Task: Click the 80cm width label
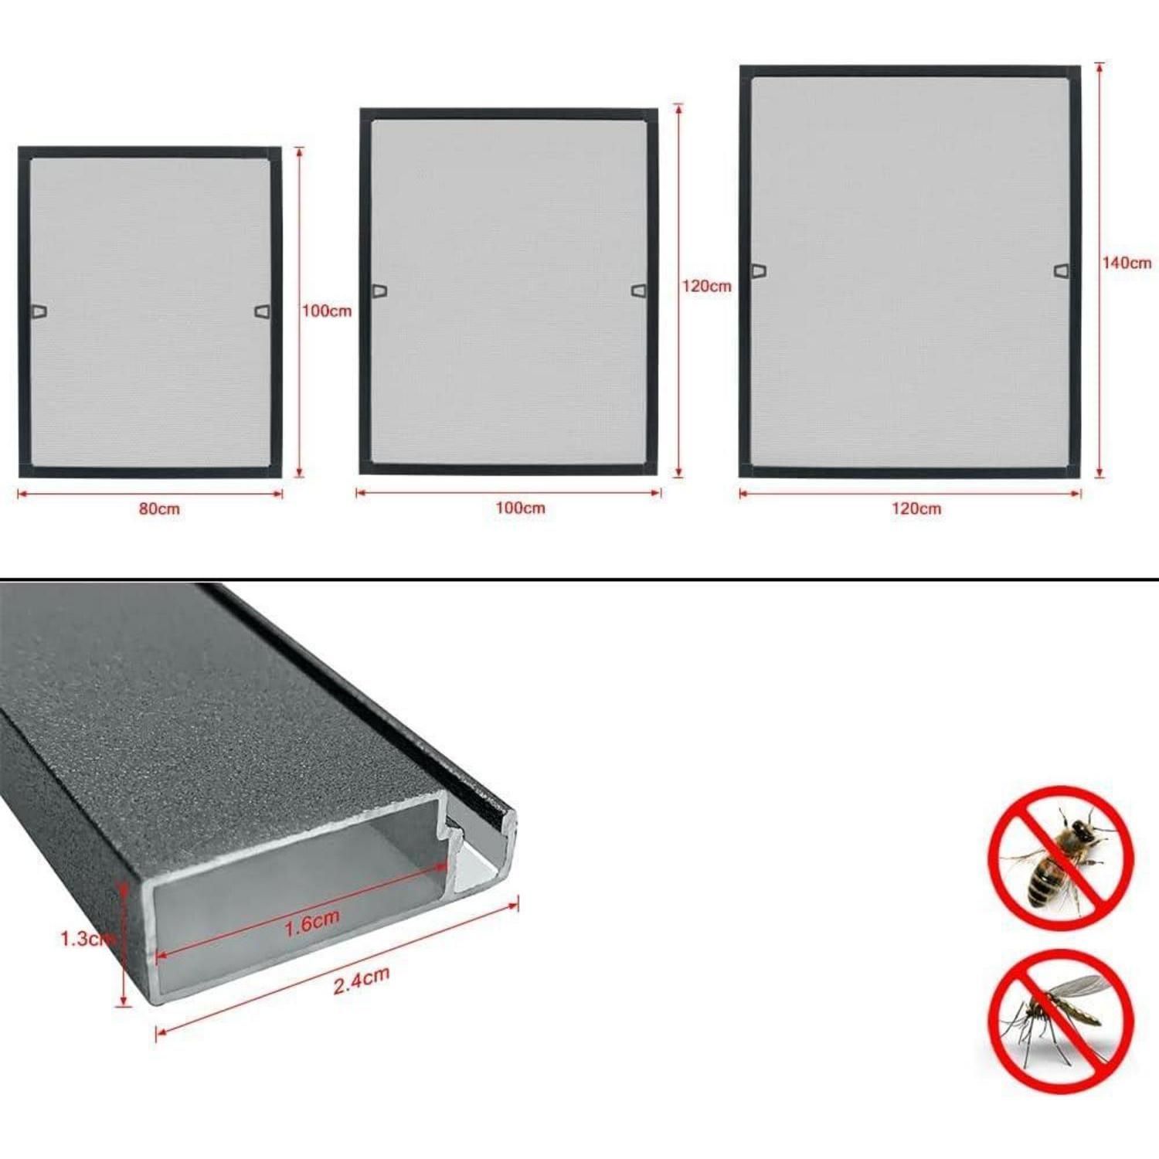click(x=159, y=509)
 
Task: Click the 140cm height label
click(x=1127, y=263)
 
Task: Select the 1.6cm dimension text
click(x=311, y=923)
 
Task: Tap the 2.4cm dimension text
click(x=361, y=981)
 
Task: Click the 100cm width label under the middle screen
click(x=520, y=508)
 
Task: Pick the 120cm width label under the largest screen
click(x=916, y=509)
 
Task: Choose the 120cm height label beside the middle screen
click(x=706, y=287)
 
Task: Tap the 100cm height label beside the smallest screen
click(x=326, y=311)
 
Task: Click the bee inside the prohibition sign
click(x=1060, y=858)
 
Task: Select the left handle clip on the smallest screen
click(x=39, y=311)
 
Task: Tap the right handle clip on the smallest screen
click(x=263, y=311)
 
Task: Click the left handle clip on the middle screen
click(x=379, y=291)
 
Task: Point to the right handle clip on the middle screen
click(x=639, y=291)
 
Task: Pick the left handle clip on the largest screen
click(x=760, y=270)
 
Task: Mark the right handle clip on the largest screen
click(x=1062, y=270)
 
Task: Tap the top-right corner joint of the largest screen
click(x=1075, y=72)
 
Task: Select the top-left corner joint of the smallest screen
click(x=24, y=153)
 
